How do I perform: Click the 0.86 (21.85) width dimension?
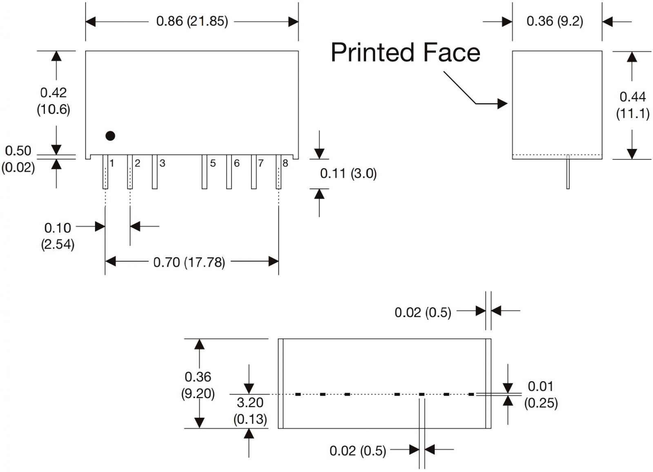click(192, 21)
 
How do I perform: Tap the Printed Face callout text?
click(405, 53)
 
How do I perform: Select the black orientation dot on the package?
click(110, 136)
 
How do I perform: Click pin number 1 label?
click(112, 164)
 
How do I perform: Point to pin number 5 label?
click(213, 164)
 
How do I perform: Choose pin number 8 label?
click(285, 164)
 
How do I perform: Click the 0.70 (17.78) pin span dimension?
click(189, 262)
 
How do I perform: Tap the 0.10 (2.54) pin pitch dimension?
click(58, 236)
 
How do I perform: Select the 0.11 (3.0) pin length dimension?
click(348, 173)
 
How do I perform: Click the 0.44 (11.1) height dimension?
click(633, 105)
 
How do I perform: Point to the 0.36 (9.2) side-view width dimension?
click(555, 21)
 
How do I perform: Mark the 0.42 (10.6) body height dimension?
click(53, 101)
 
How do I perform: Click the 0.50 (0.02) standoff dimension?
click(18, 159)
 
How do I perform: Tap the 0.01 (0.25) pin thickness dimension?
click(541, 394)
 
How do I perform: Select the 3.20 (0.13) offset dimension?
click(250, 410)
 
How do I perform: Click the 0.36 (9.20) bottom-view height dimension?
click(198, 385)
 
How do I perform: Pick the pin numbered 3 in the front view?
click(155, 172)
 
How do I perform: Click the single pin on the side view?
click(568, 174)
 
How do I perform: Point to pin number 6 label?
click(237, 164)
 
